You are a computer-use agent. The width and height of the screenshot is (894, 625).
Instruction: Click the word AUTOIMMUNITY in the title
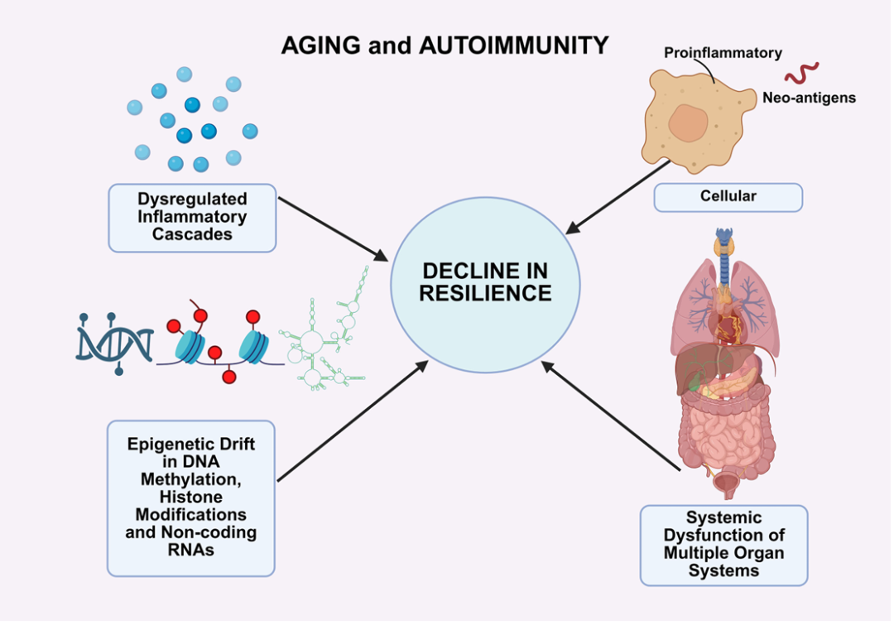(x=514, y=45)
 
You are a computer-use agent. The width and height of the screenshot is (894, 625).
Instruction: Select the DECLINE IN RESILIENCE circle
(x=485, y=282)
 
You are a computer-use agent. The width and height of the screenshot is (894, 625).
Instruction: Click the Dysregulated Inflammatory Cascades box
(x=192, y=218)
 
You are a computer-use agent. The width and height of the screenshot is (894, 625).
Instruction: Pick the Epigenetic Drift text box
(x=191, y=497)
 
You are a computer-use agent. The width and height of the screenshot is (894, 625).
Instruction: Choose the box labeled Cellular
(x=728, y=197)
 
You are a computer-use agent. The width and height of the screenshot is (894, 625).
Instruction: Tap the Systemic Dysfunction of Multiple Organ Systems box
(x=723, y=545)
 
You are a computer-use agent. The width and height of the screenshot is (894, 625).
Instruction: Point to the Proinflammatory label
(x=723, y=53)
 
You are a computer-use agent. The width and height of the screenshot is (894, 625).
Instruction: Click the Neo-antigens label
(x=809, y=98)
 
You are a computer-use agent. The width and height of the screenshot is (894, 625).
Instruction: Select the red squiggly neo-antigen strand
(x=801, y=73)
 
